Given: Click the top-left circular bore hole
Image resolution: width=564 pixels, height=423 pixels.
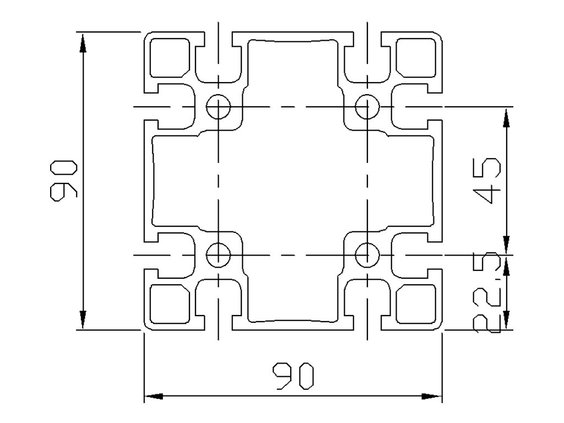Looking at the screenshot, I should tap(219, 106).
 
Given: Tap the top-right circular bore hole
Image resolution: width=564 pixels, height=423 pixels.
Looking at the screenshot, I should tap(366, 106).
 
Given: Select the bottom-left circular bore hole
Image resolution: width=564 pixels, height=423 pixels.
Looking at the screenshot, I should tap(219, 255).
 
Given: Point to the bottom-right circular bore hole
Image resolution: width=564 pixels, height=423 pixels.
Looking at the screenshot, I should tap(366, 255).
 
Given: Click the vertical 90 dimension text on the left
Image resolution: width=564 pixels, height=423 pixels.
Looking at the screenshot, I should tap(64, 181).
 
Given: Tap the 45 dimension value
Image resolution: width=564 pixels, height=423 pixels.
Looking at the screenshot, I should tap(488, 180).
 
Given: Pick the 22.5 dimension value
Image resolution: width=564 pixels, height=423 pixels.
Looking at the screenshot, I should tap(488, 293).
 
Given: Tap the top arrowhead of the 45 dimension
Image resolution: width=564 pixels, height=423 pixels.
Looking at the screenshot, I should tap(506, 116).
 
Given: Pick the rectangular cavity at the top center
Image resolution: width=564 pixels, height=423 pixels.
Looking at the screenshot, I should tap(292, 61).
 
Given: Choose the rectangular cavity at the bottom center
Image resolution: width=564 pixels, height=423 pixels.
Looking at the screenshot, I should tap(292, 300).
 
